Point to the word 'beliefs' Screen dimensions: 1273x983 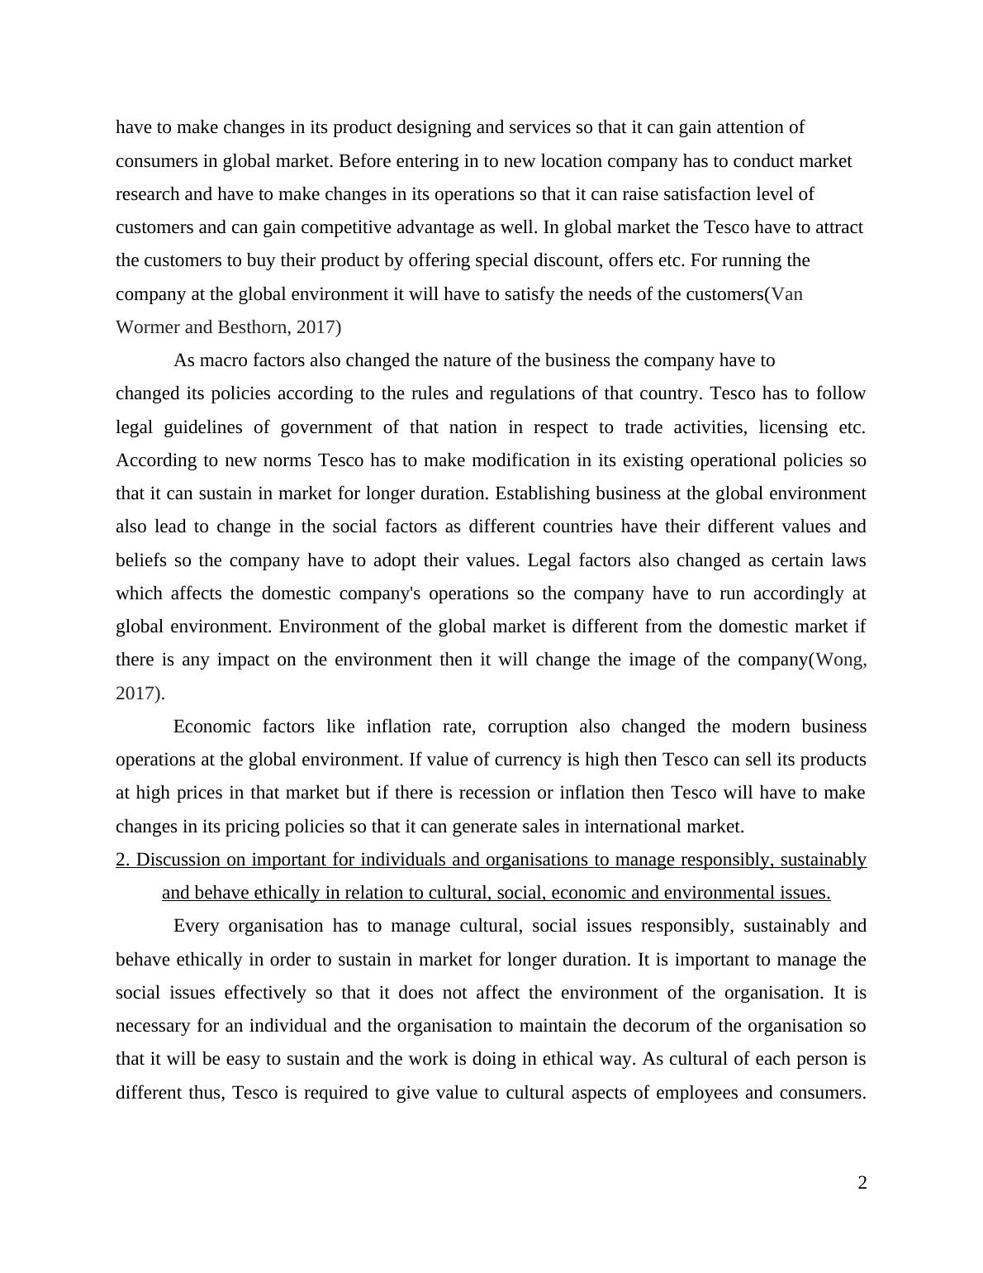pos(141,560)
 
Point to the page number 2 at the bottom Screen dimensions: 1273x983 pos(862,1183)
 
